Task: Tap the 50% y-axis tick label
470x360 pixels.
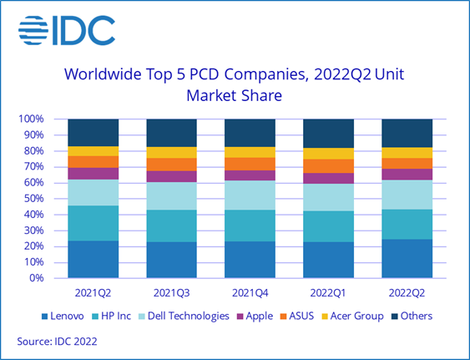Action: (33, 199)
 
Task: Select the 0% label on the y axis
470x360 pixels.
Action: (36, 278)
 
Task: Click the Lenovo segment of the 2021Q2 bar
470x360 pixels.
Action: (93, 259)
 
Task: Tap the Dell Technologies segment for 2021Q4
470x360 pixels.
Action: (250, 195)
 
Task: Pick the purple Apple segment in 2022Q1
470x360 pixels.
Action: (328, 178)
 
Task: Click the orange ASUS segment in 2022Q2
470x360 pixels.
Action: (407, 163)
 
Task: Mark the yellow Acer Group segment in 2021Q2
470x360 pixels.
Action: (93, 150)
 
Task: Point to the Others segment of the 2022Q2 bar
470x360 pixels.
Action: (407, 133)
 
